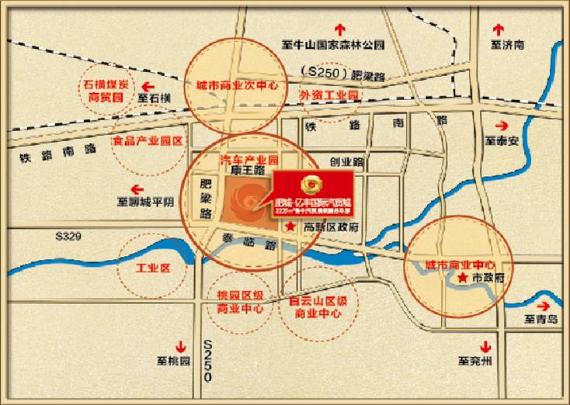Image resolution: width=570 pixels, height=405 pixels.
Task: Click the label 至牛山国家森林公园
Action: tap(334, 46)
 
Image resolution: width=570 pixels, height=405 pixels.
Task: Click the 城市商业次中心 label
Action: tap(237, 86)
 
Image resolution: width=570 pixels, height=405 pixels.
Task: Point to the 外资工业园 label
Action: tap(328, 94)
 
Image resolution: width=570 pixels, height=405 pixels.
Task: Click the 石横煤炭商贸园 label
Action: tap(106, 91)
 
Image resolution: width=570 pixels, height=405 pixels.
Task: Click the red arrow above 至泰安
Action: tap(501, 126)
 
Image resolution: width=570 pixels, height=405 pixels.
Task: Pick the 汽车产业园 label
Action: tap(249, 157)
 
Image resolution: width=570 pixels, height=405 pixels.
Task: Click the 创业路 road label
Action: tap(346, 162)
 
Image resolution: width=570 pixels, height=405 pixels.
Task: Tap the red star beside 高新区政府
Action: tap(290, 227)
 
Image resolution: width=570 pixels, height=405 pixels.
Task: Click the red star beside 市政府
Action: tap(463, 276)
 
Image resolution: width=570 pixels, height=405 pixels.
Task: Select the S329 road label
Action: tap(68, 236)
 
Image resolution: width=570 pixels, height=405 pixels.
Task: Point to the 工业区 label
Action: tap(153, 268)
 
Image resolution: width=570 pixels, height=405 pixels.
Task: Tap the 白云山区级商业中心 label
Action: tap(318, 306)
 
